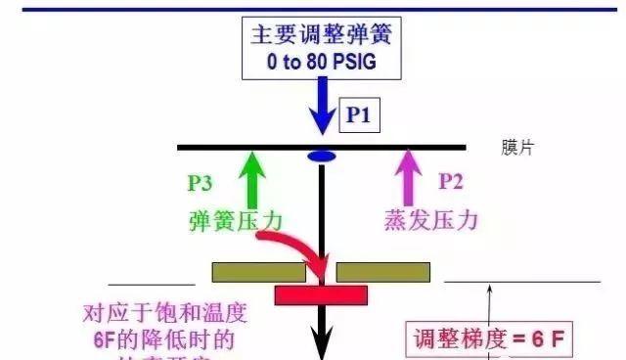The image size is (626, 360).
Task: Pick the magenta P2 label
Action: [x=451, y=181]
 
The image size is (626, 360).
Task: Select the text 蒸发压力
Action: [x=430, y=220]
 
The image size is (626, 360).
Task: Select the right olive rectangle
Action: [x=384, y=271]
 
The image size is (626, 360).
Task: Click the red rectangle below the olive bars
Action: [x=320, y=294]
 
